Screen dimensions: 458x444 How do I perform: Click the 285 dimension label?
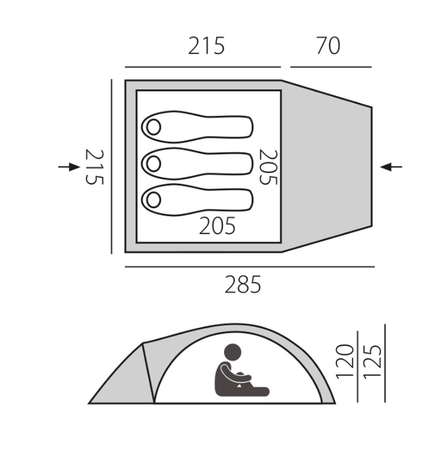point(242,284)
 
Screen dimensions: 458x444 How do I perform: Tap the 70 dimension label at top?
point(328,46)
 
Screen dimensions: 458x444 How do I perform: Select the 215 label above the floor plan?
point(206,46)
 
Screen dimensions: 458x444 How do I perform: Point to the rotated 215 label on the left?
point(94,166)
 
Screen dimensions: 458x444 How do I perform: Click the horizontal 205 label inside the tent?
point(217,226)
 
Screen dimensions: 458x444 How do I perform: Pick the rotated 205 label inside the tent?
point(268,167)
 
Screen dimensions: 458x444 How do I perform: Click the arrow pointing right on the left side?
point(70,166)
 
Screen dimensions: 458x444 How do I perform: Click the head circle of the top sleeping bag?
point(153,127)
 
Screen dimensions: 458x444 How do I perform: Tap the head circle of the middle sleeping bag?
point(153,164)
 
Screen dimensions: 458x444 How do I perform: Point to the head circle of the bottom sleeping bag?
point(153,200)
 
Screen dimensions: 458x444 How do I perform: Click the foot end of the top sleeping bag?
point(244,127)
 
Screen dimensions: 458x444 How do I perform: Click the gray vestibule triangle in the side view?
point(123,382)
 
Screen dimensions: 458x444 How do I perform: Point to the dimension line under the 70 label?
point(330,67)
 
